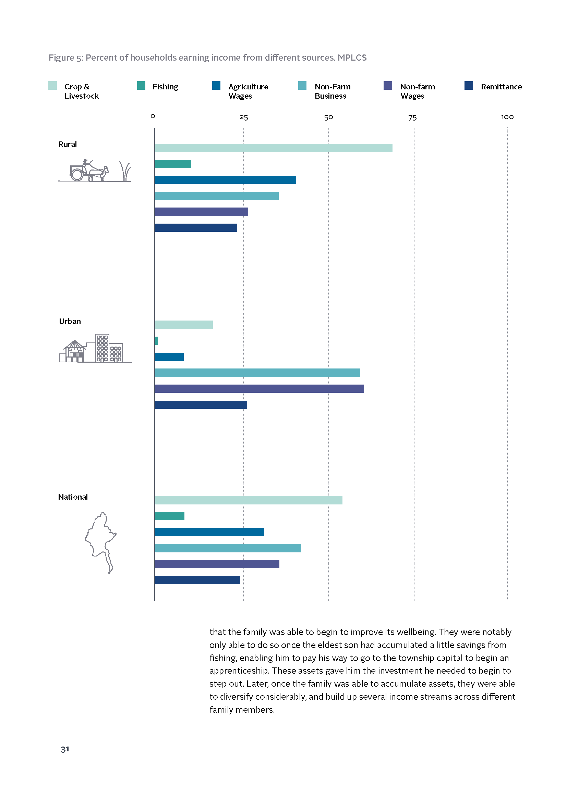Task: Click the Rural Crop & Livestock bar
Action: pos(274,148)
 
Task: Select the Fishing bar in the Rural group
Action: pos(173,164)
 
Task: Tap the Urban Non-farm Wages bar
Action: pos(260,389)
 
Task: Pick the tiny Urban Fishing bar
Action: pos(156,341)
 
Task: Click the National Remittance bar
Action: pos(197,580)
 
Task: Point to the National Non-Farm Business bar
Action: pos(228,548)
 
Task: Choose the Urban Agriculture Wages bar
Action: pos(169,357)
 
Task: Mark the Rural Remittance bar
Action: pos(196,228)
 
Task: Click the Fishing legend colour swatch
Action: pos(141,86)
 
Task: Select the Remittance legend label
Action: pos(502,87)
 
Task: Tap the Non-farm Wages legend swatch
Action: pos(388,86)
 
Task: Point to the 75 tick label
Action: pos(412,117)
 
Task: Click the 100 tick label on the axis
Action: pos(507,117)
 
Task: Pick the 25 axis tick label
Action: pos(244,117)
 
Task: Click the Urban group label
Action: pos(70,321)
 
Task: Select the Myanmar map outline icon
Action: pos(100,542)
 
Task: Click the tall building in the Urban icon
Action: pos(102,348)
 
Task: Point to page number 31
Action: pos(65,749)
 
